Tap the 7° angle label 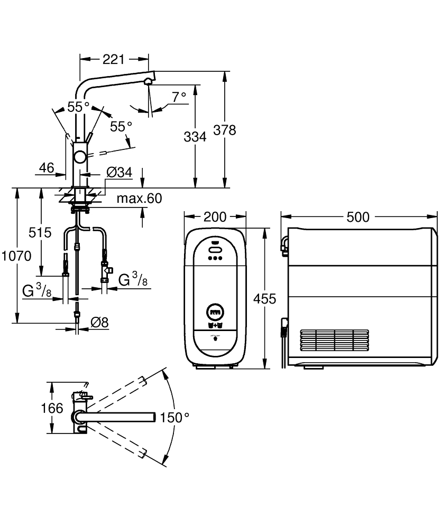click(179, 97)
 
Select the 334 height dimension click(195, 137)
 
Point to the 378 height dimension click(225, 130)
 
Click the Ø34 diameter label click(118, 172)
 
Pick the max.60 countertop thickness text click(139, 199)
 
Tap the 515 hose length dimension click(40, 232)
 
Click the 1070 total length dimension click(16, 256)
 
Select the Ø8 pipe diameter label click(98, 322)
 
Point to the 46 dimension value click(47, 168)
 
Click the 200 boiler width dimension click(215, 217)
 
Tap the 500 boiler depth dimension click(358, 217)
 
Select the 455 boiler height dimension click(265, 299)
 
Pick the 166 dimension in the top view click(52, 408)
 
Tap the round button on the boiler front click(215, 312)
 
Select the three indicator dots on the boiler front click(215, 259)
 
